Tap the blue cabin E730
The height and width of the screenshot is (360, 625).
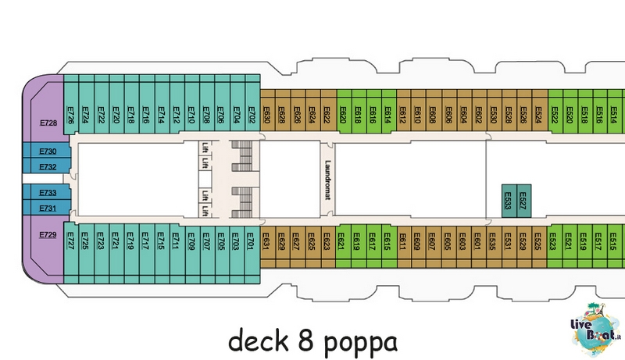[x=47, y=151]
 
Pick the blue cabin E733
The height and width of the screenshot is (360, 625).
[x=47, y=192]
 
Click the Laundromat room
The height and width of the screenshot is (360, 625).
[x=327, y=179]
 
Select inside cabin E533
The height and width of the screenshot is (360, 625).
[x=509, y=201]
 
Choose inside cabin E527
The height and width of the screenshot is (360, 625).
[x=523, y=201]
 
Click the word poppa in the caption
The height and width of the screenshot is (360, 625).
[x=360, y=342]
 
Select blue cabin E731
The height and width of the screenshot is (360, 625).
[x=47, y=208]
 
